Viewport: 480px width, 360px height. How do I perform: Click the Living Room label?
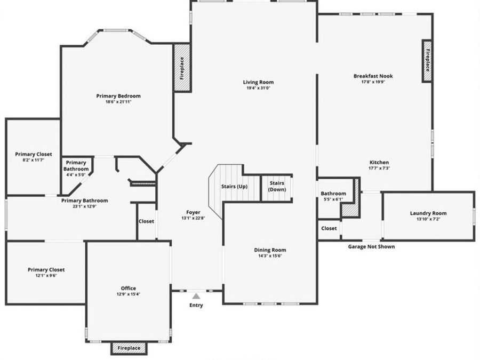258,82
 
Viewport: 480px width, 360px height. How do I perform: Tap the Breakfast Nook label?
373,76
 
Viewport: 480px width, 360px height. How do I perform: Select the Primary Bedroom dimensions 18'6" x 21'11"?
118,102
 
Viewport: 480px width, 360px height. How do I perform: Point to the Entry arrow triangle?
196,296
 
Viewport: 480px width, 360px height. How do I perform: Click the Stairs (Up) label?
234,187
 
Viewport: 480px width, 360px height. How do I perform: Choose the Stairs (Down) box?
277,187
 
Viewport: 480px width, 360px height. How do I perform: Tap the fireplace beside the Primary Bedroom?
182,68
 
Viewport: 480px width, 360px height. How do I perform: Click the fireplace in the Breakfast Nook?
427,61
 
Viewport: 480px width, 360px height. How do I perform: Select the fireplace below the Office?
129,348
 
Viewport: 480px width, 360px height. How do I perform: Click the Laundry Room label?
428,213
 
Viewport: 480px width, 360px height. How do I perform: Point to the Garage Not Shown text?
371,246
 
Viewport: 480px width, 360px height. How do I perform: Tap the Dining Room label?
270,250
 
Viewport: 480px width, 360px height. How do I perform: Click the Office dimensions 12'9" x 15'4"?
128,294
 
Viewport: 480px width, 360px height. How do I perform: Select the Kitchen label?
379,162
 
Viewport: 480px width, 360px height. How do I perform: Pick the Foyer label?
193,212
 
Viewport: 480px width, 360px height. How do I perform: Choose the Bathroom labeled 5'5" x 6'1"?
333,194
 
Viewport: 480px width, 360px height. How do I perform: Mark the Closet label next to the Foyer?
146,221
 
